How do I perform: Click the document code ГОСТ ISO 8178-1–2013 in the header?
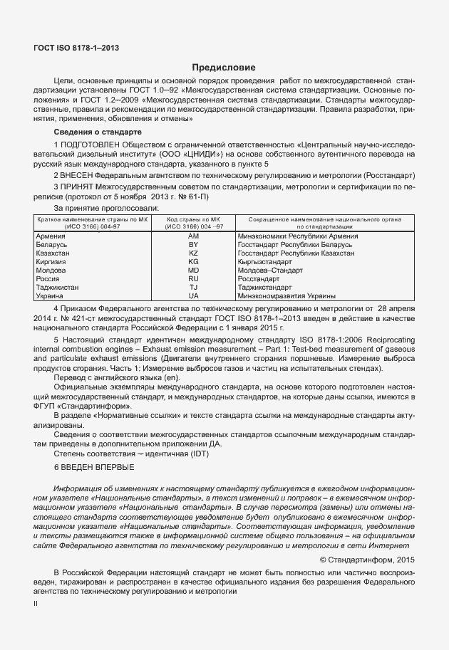(x=76, y=48)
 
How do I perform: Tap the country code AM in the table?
(x=193, y=236)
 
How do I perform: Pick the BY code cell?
(x=193, y=244)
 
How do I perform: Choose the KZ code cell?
(x=193, y=253)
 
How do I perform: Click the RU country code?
(x=193, y=278)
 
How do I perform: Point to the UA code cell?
(x=193, y=295)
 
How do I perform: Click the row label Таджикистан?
(x=57, y=287)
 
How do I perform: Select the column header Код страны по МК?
(x=194, y=220)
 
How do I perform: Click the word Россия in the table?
(x=47, y=278)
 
